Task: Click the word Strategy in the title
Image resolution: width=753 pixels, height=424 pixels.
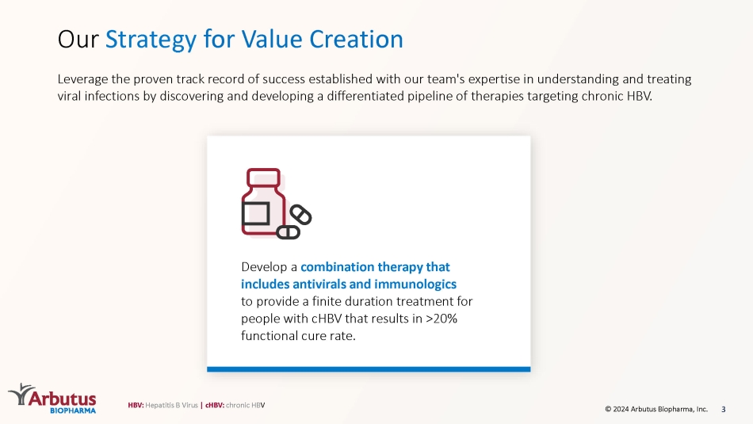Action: click(151, 40)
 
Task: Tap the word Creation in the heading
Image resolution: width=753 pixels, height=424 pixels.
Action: click(356, 39)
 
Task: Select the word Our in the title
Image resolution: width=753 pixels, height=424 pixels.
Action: click(78, 40)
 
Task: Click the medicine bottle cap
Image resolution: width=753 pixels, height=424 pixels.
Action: click(263, 178)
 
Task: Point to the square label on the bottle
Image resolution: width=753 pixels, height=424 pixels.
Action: click(255, 213)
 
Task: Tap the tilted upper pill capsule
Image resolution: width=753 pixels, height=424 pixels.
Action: click(300, 215)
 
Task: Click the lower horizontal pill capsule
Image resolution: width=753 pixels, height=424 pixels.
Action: click(289, 232)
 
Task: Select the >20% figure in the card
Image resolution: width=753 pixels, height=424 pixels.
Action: click(441, 319)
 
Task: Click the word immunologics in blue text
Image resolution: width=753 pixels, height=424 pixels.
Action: click(415, 285)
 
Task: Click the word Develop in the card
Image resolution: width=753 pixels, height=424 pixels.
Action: click(263, 267)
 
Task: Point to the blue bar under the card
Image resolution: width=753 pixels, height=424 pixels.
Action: click(369, 369)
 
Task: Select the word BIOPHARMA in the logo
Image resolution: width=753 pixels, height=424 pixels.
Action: click(73, 411)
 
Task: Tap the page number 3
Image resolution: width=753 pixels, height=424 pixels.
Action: click(724, 410)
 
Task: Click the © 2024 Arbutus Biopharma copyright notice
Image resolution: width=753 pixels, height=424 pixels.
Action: click(656, 409)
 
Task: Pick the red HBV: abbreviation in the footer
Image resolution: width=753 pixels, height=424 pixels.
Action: click(136, 405)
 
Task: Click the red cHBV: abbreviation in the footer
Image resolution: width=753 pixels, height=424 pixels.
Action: click(215, 405)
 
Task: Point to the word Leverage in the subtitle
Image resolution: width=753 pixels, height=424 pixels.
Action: click(82, 80)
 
